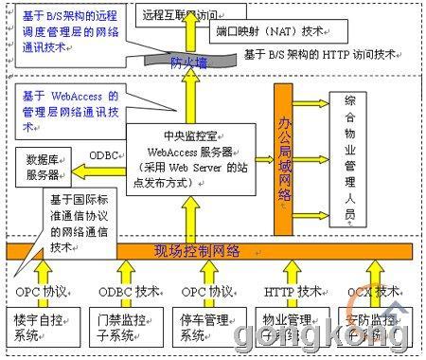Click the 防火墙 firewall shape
(x=189, y=63)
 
